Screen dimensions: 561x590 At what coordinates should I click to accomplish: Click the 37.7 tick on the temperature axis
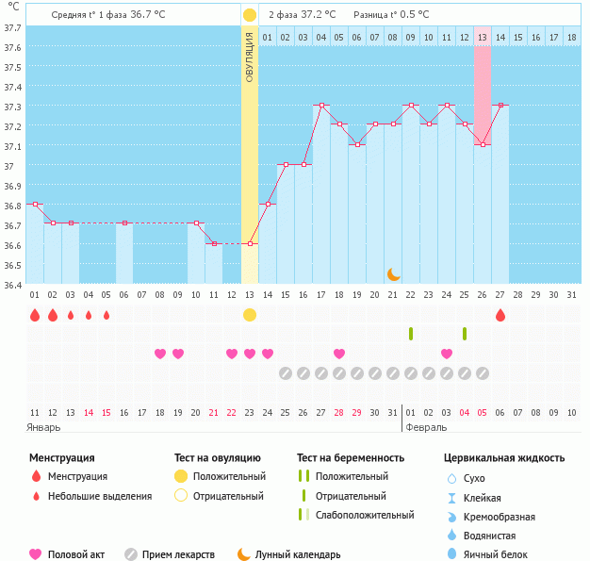(12, 27)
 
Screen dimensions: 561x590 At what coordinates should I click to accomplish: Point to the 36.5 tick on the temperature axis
(12, 265)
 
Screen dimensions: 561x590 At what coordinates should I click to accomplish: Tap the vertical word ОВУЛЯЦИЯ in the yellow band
(249, 57)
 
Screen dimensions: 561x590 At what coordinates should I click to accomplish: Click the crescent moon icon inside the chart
(393, 274)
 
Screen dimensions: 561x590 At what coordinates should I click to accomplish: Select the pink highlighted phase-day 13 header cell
(483, 37)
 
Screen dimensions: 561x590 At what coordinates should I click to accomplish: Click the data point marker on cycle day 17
(321, 106)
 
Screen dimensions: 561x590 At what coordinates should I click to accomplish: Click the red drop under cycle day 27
(500, 315)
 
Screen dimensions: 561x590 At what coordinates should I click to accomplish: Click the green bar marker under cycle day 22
(411, 334)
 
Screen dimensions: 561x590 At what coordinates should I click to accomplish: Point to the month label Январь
(43, 427)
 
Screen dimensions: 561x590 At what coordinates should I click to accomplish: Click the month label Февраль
(426, 427)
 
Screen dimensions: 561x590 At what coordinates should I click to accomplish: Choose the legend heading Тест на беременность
(351, 458)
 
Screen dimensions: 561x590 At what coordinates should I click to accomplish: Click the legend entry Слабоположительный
(365, 515)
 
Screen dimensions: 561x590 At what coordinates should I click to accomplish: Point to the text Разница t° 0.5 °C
(391, 15)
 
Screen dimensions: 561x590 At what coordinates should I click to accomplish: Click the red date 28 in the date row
(339, 412)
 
